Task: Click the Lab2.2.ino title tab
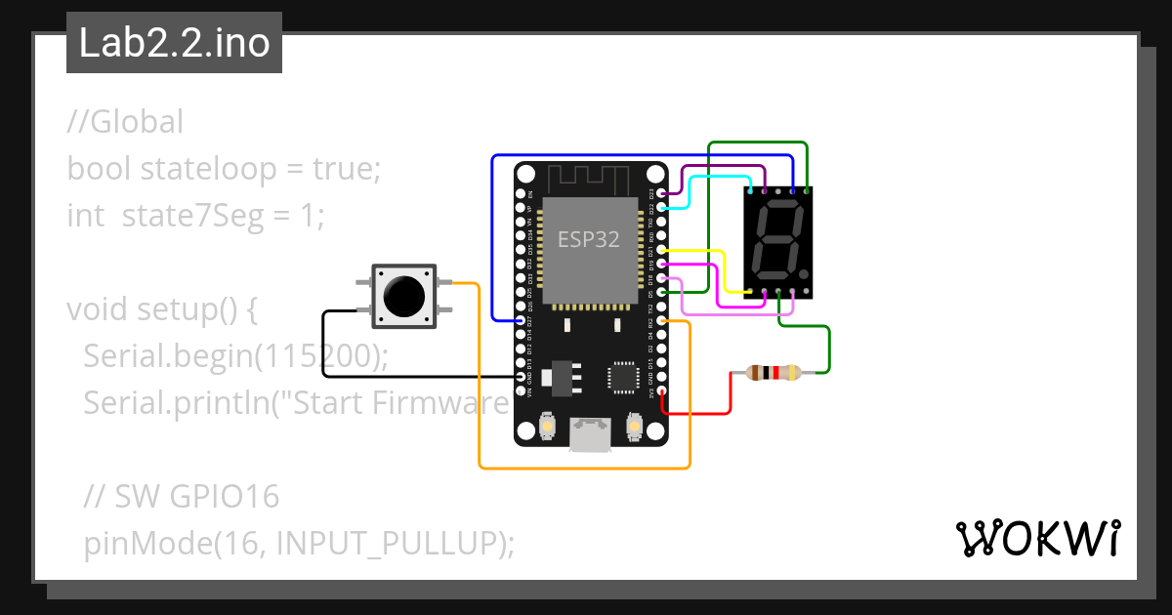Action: point(174,44)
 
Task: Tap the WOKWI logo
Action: point(1036,538)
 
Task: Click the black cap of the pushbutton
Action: point(404,293)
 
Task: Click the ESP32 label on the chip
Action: point(588,239)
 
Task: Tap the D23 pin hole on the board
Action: point(661,194)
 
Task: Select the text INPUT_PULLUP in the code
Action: point(392,543)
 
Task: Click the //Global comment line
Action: point(125,122)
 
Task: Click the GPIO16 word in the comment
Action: point(225,497)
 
